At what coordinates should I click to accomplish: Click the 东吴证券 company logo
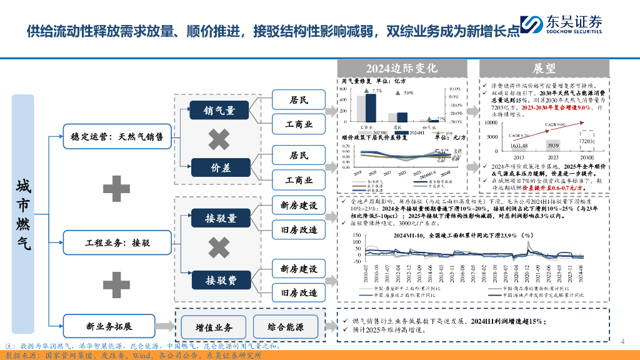(561, 24)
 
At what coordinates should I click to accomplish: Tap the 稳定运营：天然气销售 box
(117, 137)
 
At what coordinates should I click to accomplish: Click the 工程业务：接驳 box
(117, 242)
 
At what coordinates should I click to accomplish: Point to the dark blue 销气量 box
(219, 111)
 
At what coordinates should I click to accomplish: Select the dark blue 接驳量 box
(220, 218)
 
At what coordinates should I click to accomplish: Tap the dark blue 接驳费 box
(220, 280)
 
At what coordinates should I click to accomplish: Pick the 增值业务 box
(214, 327)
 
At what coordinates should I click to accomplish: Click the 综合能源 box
(286, 327)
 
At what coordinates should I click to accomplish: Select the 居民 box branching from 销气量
(298, 99)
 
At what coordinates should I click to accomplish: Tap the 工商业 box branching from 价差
(298, 180)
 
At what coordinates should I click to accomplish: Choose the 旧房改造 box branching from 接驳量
(298, 230)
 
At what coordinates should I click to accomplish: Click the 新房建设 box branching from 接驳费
(298, 268)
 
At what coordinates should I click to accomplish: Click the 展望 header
(544, 68)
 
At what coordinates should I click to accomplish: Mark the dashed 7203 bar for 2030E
(586, 142)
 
